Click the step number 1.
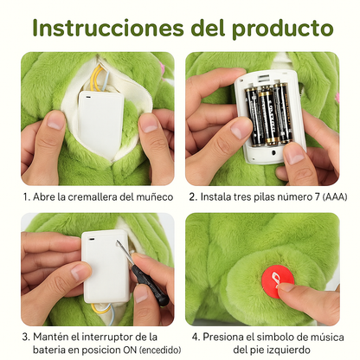(26, 197)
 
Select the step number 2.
(193, 197)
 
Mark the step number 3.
(26, 336)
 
